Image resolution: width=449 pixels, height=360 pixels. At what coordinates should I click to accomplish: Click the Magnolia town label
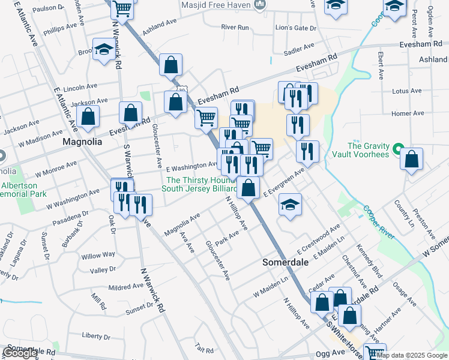(82, 142)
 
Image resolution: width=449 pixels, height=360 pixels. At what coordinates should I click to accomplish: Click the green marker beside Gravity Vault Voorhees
(397, 148)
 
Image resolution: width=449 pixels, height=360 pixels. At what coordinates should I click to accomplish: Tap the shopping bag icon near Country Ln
(411, 159)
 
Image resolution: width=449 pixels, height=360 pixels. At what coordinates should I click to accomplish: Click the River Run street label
(235, 28)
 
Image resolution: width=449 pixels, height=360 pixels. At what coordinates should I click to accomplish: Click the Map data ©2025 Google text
(412, 355)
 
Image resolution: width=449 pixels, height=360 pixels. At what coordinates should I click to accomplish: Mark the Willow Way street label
(98, 256)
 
